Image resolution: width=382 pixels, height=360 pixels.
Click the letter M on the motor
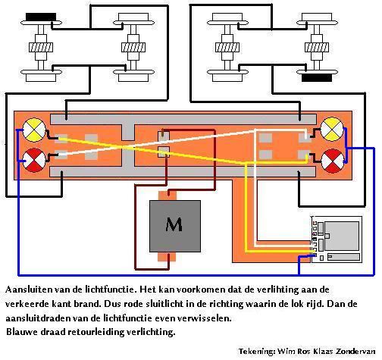pyautogui.click(x=174, y=224)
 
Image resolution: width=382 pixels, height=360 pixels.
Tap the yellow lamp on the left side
pyautogui.click(x=34, y=130)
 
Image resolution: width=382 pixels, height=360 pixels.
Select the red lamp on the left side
pyautogui.click(x=34, y=160)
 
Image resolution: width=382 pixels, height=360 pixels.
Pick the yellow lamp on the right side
pyautogui.click(x=332, y=130)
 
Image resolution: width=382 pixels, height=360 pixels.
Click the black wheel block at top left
pyautogui.click(x=41, y=17)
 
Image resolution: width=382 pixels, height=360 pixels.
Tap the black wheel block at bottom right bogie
pyautogui.click(x=317, y=77)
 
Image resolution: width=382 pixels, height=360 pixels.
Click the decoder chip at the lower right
pyautogui.click(x=337, y=239)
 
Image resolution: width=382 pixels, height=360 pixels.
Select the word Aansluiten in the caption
pyautogui.click(x=29, y=290)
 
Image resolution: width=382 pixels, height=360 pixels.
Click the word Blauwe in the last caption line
pyautogui.click(x=21, y=331)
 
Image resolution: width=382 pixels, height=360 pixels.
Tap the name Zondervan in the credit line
pyautogui.click(x=355, y=351)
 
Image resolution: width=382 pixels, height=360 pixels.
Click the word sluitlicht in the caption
pyautogui.click(x=164, y=303)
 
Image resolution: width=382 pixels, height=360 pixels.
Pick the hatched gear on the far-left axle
pyautogui.click(x=41, y=48)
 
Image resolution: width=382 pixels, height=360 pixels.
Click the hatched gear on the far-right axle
pyautogui.click(x=317, y=47)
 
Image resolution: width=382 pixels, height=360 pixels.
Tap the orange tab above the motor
pyautogui.click(x=167, y=196)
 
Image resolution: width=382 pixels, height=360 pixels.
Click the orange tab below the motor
pyautogui.click(x=167, y=257)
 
